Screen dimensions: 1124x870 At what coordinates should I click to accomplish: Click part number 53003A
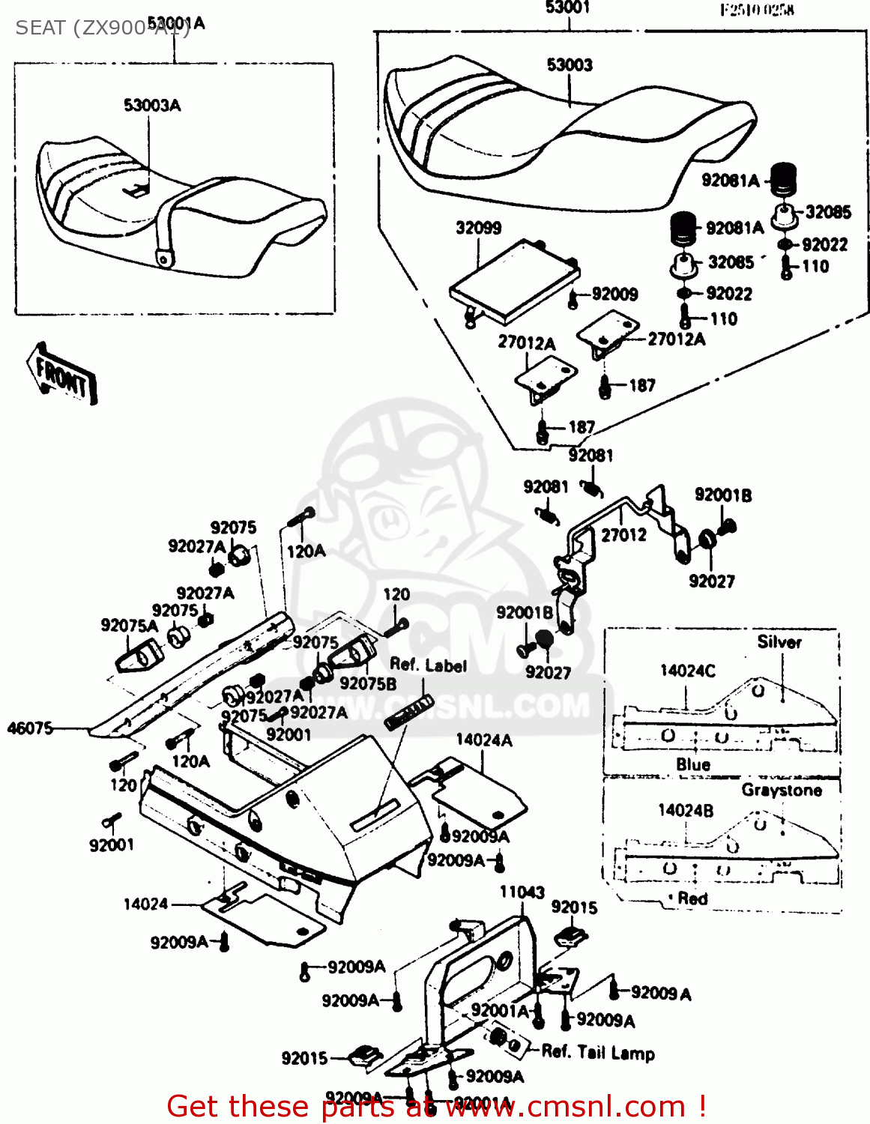152,106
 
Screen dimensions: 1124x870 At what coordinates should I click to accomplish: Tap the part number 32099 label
478,228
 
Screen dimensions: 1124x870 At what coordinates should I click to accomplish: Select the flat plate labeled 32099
513,283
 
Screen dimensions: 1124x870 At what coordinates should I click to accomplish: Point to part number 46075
30,728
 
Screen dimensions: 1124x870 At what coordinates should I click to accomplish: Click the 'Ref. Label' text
428,665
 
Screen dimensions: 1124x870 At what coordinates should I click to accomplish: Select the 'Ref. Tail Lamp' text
598,1052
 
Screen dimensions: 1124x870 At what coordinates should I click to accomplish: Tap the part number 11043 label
522,892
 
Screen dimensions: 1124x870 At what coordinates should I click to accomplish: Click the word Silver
779,642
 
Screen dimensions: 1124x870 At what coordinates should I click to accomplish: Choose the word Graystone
781,790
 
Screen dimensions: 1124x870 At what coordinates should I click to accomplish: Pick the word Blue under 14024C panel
692,764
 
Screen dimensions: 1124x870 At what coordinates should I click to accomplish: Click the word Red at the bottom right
692,898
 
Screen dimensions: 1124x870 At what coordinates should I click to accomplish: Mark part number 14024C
687,671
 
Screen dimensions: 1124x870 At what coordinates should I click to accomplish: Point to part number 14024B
685,810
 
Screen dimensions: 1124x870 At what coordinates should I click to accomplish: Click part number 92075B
368,683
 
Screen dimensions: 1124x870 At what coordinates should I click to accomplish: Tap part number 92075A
130,626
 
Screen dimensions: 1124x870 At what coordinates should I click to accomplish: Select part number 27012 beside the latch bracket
623,535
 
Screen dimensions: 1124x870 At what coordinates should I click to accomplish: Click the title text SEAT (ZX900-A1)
102,28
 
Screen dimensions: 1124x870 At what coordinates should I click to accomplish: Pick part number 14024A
484,740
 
